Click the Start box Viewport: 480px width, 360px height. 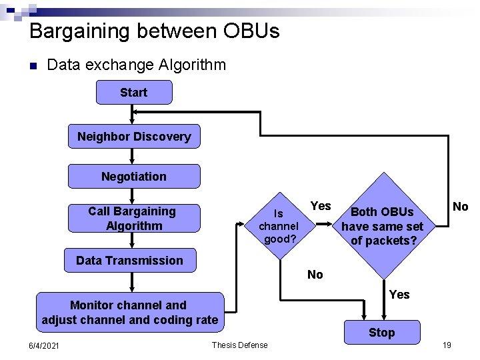tap(134, 93)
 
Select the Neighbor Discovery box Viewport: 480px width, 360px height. tap(134, 137)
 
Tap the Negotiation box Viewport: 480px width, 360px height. tap(134, 177)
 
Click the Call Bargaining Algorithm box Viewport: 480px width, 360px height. tap(133, 219)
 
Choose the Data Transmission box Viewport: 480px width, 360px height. tap(129, 261)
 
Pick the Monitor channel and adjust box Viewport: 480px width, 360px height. tap(129, 313)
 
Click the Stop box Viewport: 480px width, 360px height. tap(382, 332)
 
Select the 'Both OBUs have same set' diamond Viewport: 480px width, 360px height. tap(382, 226)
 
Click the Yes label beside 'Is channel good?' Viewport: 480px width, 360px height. tap(321, 206)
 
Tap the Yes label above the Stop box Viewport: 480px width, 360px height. tap(399, 294)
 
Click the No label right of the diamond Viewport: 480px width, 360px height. tap(460, 207)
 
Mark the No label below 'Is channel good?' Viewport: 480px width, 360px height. tap(315, 275)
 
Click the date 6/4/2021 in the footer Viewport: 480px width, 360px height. tap(43, 345)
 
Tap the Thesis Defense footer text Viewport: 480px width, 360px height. tap(239, 345)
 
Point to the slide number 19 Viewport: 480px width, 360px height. tap(447, 345)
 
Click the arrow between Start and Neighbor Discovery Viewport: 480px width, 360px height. tap(133, 114)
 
